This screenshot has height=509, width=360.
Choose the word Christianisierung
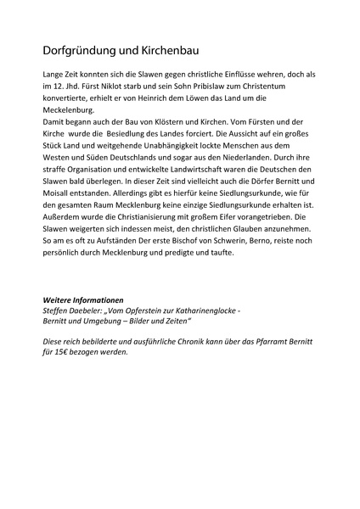[x=148, y=228]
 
